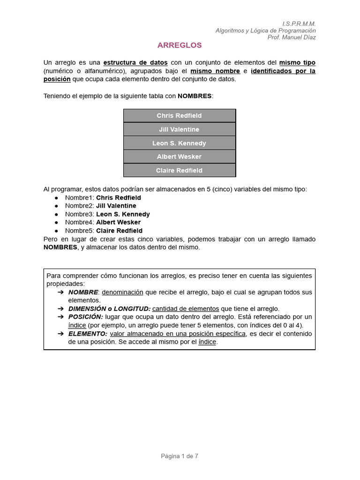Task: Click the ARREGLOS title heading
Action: [180, 45]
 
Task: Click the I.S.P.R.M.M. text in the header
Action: [299, 23]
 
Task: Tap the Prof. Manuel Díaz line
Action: [291, 37]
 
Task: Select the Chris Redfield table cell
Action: [180, 116]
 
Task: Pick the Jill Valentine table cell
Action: [180, 129]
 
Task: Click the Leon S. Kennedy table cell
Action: [180, 143]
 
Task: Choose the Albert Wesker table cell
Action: [180, 157]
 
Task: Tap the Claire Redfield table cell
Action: [180, 170]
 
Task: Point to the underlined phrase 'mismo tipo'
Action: [297, 63]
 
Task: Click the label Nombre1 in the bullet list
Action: [79, 198]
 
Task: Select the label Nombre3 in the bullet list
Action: [79, 214]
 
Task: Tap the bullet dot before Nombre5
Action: [56, 231]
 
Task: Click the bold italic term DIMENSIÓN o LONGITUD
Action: [109, 308]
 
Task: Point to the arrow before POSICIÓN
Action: [60, 317]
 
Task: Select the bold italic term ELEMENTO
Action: [88, 334]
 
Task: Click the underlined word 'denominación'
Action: [122, 292]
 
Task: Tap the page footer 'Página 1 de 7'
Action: [180, 456]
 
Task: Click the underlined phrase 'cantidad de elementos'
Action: [186, 308]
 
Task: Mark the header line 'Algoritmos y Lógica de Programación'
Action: [265, 30]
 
